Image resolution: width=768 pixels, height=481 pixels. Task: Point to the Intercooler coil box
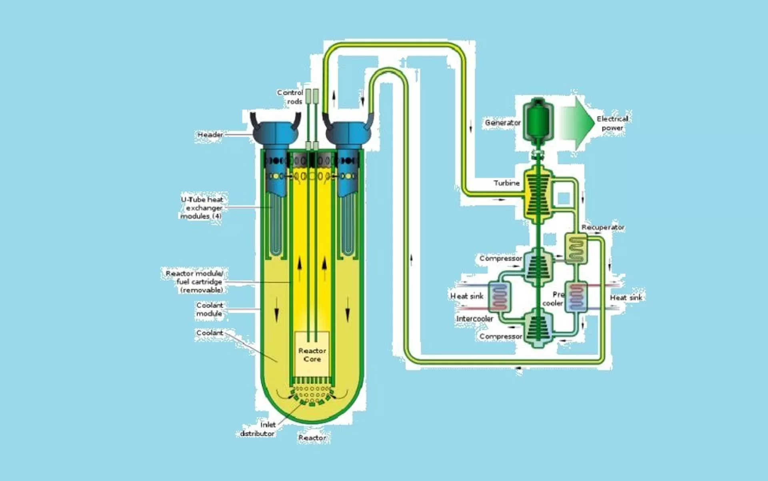tap(500, 297)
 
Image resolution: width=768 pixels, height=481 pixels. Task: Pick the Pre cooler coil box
tap(576, 297)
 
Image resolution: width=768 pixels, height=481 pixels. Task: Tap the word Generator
tap(503, 123)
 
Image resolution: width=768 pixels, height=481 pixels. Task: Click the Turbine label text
tap(506, 183)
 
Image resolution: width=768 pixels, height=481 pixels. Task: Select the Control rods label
tap(290, 97)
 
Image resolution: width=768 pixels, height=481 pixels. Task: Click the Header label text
tap(210, 135)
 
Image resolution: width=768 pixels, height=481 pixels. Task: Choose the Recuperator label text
tap(603, 227)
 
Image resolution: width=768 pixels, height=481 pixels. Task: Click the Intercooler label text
tap(475, 319)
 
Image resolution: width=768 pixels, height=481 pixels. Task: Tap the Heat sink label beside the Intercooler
tap(467, 296)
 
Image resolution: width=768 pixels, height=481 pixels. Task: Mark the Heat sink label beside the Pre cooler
tap(626, 297)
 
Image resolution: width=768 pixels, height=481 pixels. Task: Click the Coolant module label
tap(209, 309)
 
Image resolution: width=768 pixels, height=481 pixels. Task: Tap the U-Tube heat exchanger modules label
tap(202, 208)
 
